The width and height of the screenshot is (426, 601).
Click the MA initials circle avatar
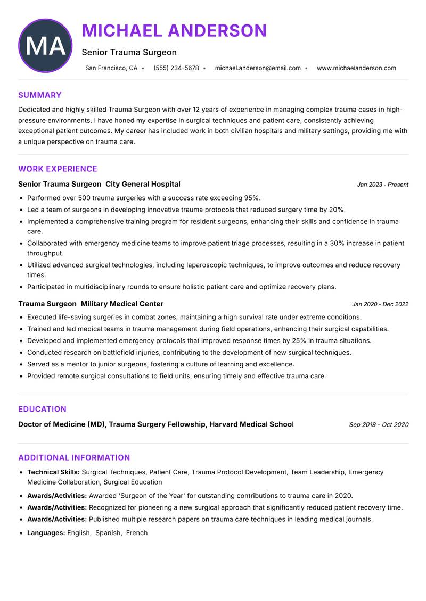[45, 46]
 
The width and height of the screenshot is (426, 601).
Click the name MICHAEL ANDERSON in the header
[174, 31]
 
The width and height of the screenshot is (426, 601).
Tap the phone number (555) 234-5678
[176, 68]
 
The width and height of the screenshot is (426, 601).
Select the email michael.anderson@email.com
[258, 68]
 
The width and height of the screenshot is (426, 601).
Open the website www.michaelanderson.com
[356, 68]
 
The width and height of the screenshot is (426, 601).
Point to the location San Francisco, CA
[111, 68]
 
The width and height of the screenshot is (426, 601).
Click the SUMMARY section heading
[40, 95]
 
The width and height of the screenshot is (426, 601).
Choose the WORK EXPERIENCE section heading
[58, 169]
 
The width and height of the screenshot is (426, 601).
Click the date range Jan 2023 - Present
[382, 185]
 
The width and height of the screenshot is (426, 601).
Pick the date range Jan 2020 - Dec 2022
[380, 304]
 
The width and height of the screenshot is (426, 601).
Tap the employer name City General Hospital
[143, 184]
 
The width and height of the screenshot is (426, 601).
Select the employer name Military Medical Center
[122, 304]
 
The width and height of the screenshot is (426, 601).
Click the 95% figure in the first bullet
[251, 198]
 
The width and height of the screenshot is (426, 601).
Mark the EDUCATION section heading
[42, 409]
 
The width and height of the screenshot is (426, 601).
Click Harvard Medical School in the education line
[251, 424]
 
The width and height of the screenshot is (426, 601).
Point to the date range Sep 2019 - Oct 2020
[379, 425]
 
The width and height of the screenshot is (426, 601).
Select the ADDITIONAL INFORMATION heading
[74, 457]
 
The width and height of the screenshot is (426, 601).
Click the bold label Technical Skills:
[53, 472]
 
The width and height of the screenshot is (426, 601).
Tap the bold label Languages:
[46, 532]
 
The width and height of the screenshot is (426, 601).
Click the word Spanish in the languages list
[108, 532]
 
